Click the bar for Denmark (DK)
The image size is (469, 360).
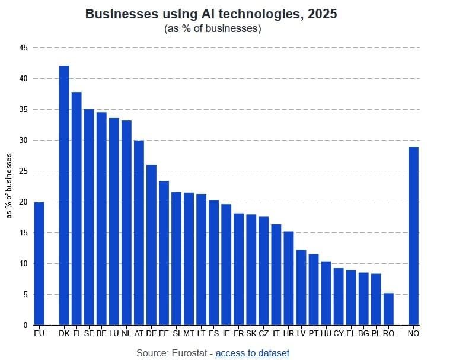(64, 196)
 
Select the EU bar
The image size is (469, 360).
(39, 263)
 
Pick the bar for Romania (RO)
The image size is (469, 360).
(388, 309)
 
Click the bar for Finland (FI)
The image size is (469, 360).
(76, 208)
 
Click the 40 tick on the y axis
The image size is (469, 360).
(23, 78)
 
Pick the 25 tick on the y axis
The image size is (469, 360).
(23, 171)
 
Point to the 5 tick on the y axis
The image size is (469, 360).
(25, 294)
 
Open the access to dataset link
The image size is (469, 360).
(252, 353)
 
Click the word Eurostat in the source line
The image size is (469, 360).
(188, 353)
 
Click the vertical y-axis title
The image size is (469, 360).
(9, 185)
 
